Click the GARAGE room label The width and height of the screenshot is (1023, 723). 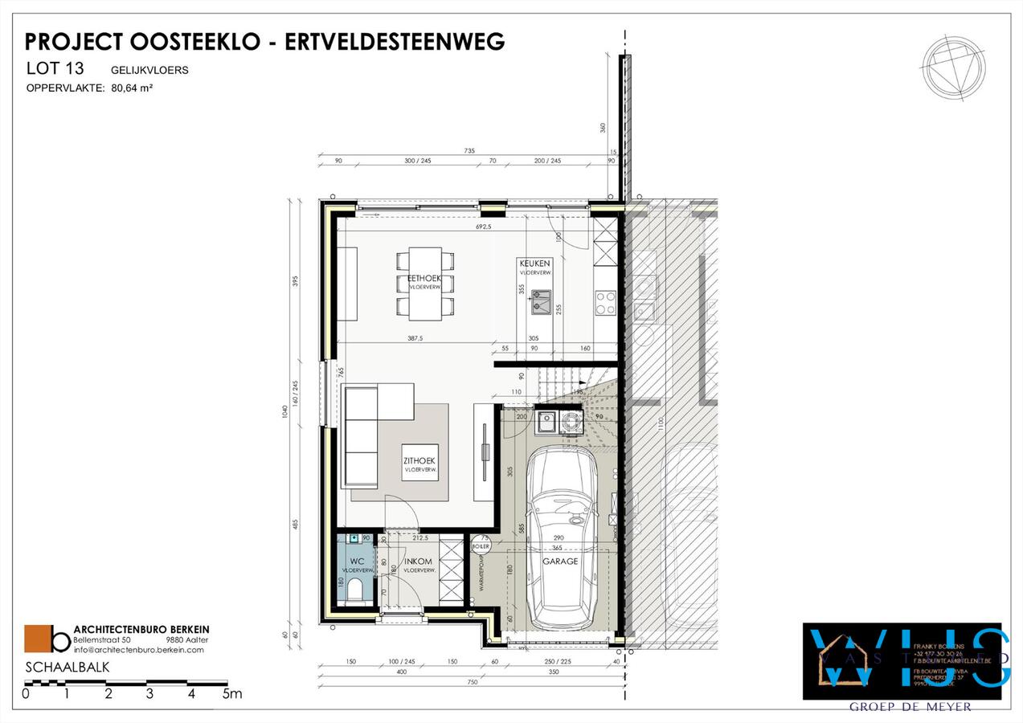560,562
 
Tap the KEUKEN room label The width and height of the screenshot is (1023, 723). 534,263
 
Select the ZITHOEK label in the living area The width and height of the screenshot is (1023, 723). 420,460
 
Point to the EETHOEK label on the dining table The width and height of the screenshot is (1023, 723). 424,278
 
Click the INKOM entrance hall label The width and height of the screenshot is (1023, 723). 419,562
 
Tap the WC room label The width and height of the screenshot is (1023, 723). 358,562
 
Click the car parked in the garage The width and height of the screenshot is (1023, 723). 561,537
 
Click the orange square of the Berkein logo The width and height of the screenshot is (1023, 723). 37,639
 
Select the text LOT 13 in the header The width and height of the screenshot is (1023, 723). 55,70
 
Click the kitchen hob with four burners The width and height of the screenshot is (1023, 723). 604,302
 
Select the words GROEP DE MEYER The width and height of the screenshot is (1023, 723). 910,707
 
